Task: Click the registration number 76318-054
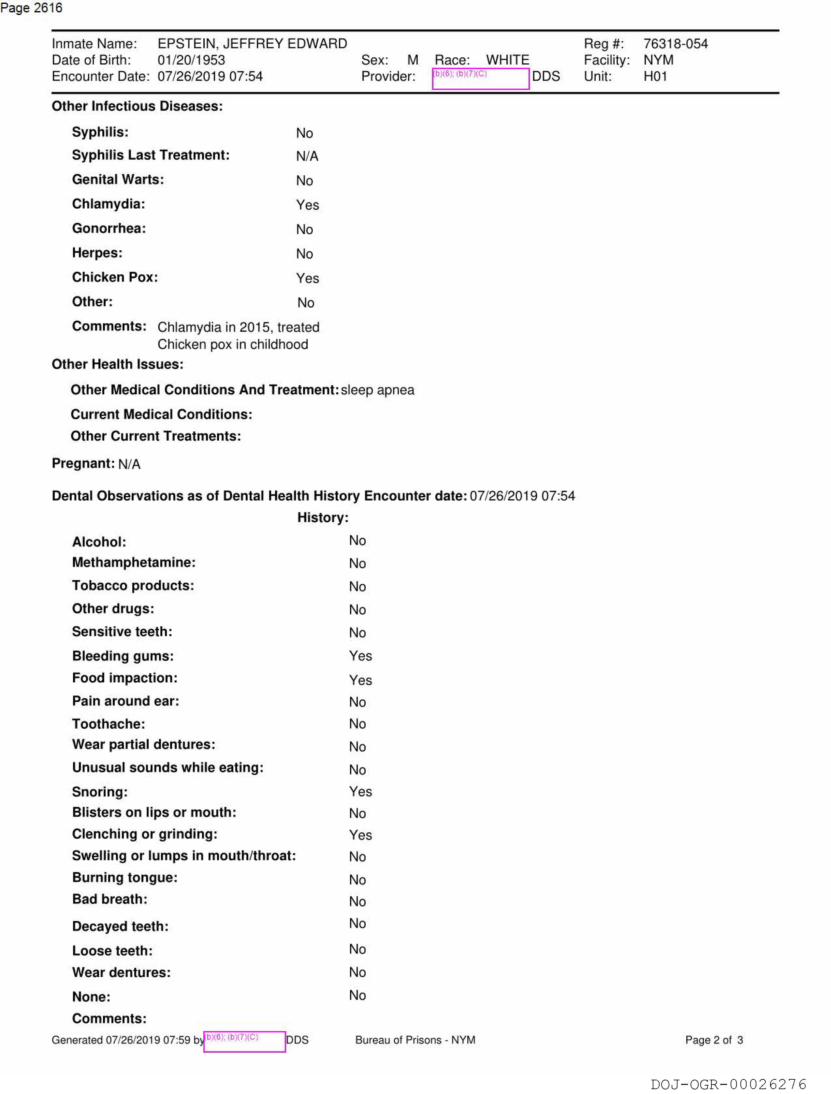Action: click(x=675, y=44)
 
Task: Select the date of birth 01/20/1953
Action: click(x=191, y=60)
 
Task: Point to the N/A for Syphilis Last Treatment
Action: click(x=307, y=156)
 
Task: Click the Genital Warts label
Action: click(x=118, y=180)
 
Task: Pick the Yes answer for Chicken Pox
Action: click(x=307, y=278)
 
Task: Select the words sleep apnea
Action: click(x=377, y=390)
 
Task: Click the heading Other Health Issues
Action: click(x=117, y=364)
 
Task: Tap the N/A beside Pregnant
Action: click(x=129, y=464)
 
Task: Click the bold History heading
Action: click(x=323, y=518)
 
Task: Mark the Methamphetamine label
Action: click(x=134, y=562)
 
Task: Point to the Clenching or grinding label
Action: click(x=144, y=834)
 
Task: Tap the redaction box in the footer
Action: click(x=244, y=1041)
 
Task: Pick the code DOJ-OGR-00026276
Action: click(x=728, y=1084)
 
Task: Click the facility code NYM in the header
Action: click(x=658, y=60)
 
